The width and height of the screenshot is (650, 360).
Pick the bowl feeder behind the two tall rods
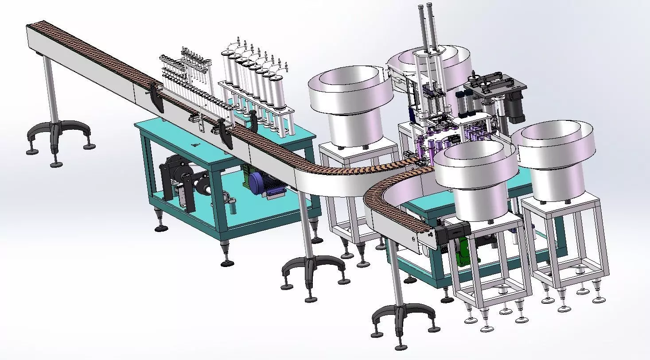click(432, 66)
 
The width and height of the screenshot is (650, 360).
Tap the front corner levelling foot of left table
click(228, 261)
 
